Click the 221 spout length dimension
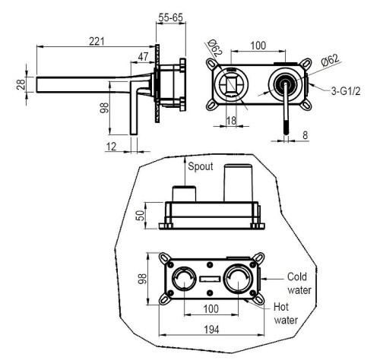coord(97,41)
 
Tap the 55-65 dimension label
coord(171,17)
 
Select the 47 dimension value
coord(143,57)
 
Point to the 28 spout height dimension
coord(21,84)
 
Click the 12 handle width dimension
coord(111,147)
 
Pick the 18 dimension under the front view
coord(231,121)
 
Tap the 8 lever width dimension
coord(306,135)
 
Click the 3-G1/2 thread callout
coord(346,91)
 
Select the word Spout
coord(201,166)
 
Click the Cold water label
coord(299,283)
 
